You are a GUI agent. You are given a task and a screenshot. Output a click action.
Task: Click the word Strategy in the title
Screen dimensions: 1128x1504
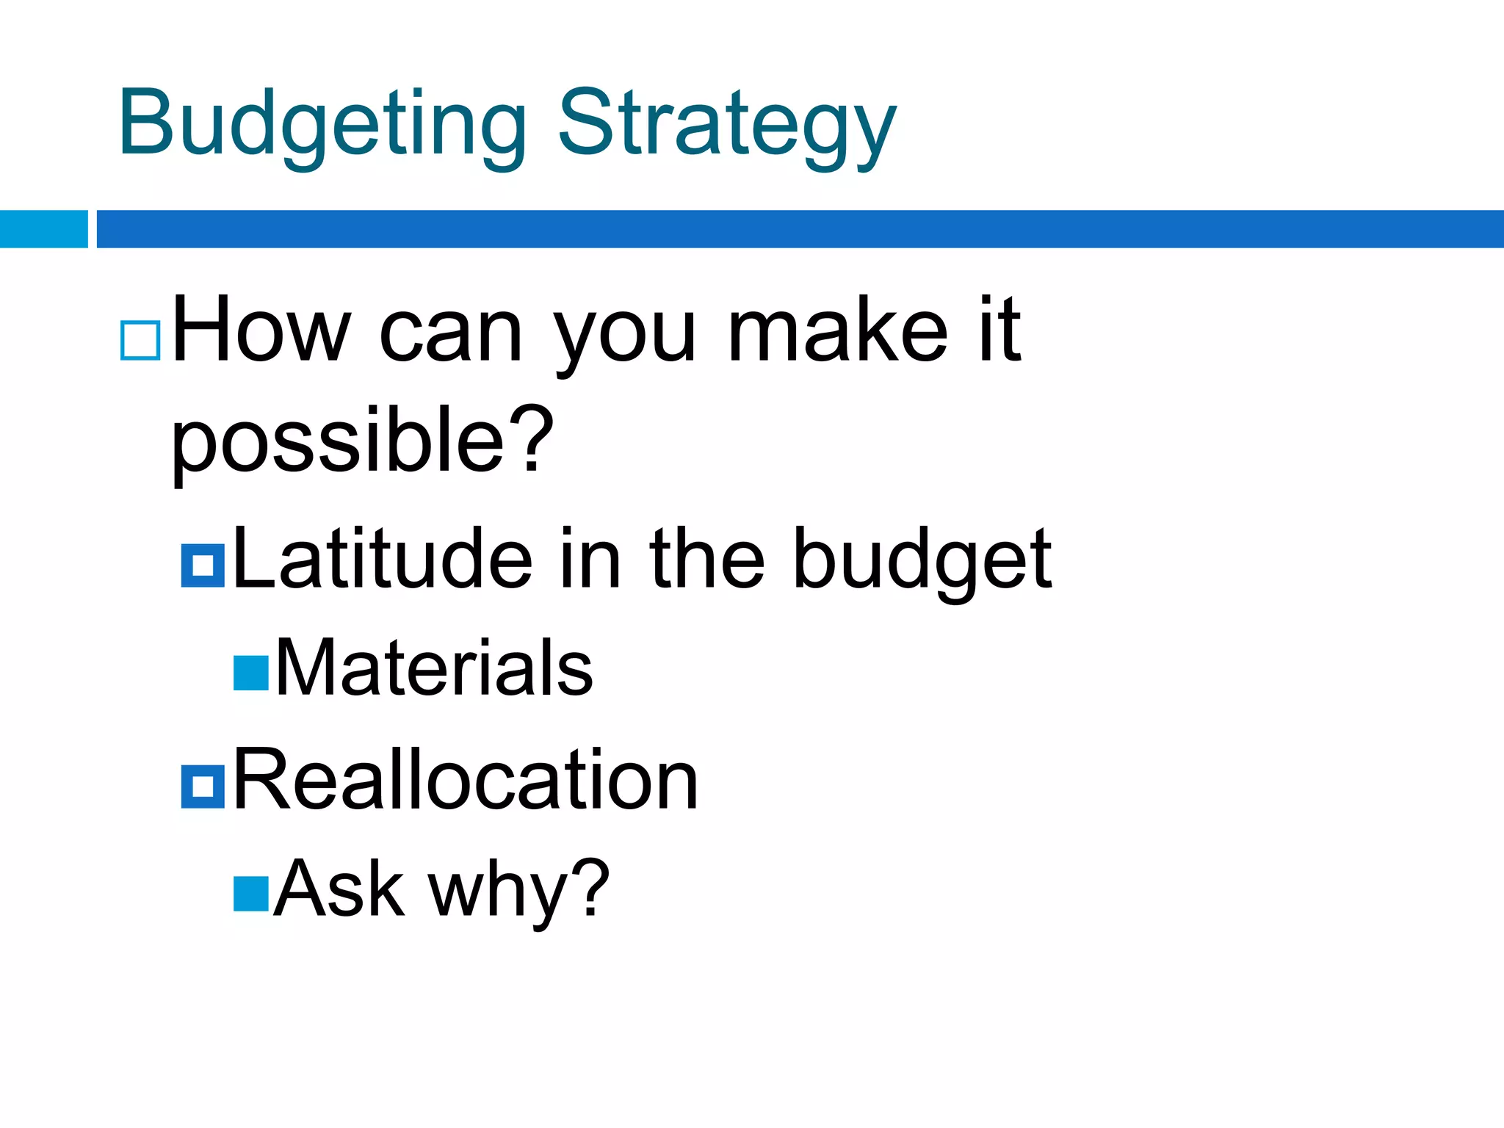[727, 125]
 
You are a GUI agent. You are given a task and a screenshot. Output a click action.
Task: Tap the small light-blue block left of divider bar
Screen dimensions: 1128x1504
[43, 229]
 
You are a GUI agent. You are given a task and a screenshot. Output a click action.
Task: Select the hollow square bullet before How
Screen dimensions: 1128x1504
[140, 340]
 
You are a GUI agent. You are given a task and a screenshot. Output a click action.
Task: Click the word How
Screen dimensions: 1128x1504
[261, 330]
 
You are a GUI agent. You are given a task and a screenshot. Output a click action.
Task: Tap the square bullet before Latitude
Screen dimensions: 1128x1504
[203, 565]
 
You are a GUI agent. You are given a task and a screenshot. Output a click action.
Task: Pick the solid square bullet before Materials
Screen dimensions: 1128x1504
[251, 673]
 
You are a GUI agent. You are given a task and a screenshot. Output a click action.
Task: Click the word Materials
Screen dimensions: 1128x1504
[433, 668]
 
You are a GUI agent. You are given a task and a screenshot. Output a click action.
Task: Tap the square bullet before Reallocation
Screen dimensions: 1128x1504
[203, 787]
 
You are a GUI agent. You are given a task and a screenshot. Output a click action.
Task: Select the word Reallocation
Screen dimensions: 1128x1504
[465, 780]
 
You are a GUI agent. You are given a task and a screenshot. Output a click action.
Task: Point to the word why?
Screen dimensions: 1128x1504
[518, 890]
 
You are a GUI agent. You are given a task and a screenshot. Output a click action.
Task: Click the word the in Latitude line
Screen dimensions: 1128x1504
[707, 560]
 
